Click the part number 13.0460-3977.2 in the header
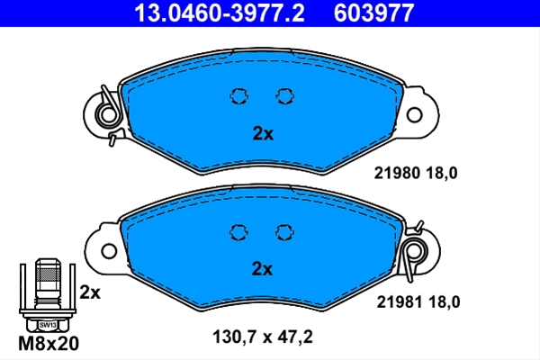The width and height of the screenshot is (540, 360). [220, 13]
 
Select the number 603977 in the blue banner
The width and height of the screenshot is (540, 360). [373, 13]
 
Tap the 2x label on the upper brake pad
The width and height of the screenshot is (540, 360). [263, 134]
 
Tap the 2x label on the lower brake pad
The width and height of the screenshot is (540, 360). [262, 269]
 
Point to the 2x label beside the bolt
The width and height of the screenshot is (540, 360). [90, 292]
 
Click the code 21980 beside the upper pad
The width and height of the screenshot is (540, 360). [397, 173]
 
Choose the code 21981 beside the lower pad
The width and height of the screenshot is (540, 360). [400, 302]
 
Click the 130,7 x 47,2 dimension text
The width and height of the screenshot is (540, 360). [263, 337]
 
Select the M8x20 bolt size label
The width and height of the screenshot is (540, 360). [49, 344]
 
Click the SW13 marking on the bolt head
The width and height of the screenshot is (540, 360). [48, 325]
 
